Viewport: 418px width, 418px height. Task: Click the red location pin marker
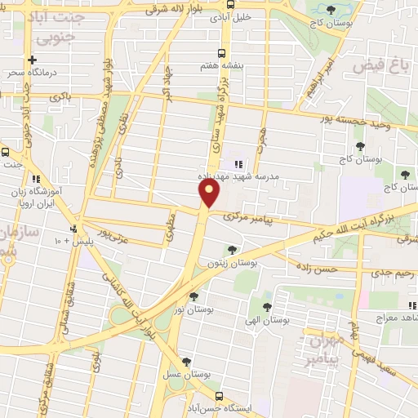pos(210,193)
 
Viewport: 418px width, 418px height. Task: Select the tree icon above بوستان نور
pos(193,297)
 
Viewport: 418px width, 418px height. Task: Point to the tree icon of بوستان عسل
pos(188,360)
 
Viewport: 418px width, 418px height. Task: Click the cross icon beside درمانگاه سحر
pos(32,60)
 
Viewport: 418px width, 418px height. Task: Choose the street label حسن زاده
pos(317,269)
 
